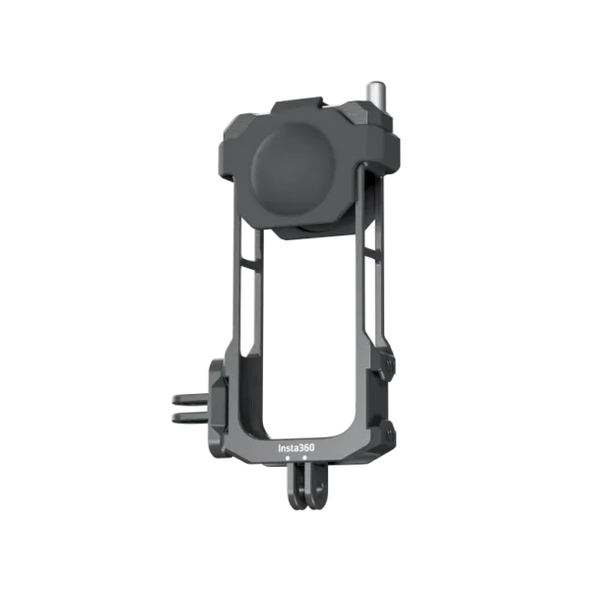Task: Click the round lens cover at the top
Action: [296, 173]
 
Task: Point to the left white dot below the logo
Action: [290, 457]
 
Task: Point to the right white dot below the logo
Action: [304, 457]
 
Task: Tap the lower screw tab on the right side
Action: [386, 429]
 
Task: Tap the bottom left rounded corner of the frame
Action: [236, 448]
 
